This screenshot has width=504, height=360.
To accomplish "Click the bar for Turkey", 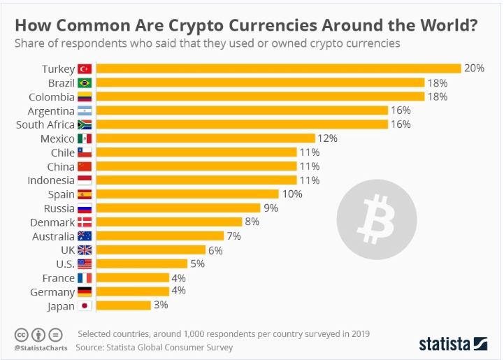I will pyautogui.click(x=278, y=69).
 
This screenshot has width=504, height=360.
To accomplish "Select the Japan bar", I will pyautogui.click(x=123, y=305).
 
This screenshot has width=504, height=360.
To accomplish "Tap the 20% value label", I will pyautogui.click(x=475, y=69).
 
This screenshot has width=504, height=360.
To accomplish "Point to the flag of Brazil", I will pyautogui.click(x=85, y=82).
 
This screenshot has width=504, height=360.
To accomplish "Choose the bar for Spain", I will pyautogui.click(x=187, y=194).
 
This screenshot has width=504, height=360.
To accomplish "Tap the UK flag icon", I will pyautogui.click(x=85, y=250).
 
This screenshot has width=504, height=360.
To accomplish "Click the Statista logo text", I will pyautogui.click(x=445, y=343).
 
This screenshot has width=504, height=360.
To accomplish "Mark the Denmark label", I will pyautogui.click(x=52, y=222).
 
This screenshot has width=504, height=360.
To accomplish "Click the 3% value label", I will pyautogui.click(x=161, y=305).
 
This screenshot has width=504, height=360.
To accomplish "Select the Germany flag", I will pyautogui.click(x=85, y=291).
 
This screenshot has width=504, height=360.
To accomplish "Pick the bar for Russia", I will pyautogui.click(x=178, y=208).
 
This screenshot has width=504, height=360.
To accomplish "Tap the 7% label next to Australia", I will pyautogui.click(x=233, y=236).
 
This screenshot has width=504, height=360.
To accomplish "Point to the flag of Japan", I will pyautogui.click(x=85, y=305).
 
